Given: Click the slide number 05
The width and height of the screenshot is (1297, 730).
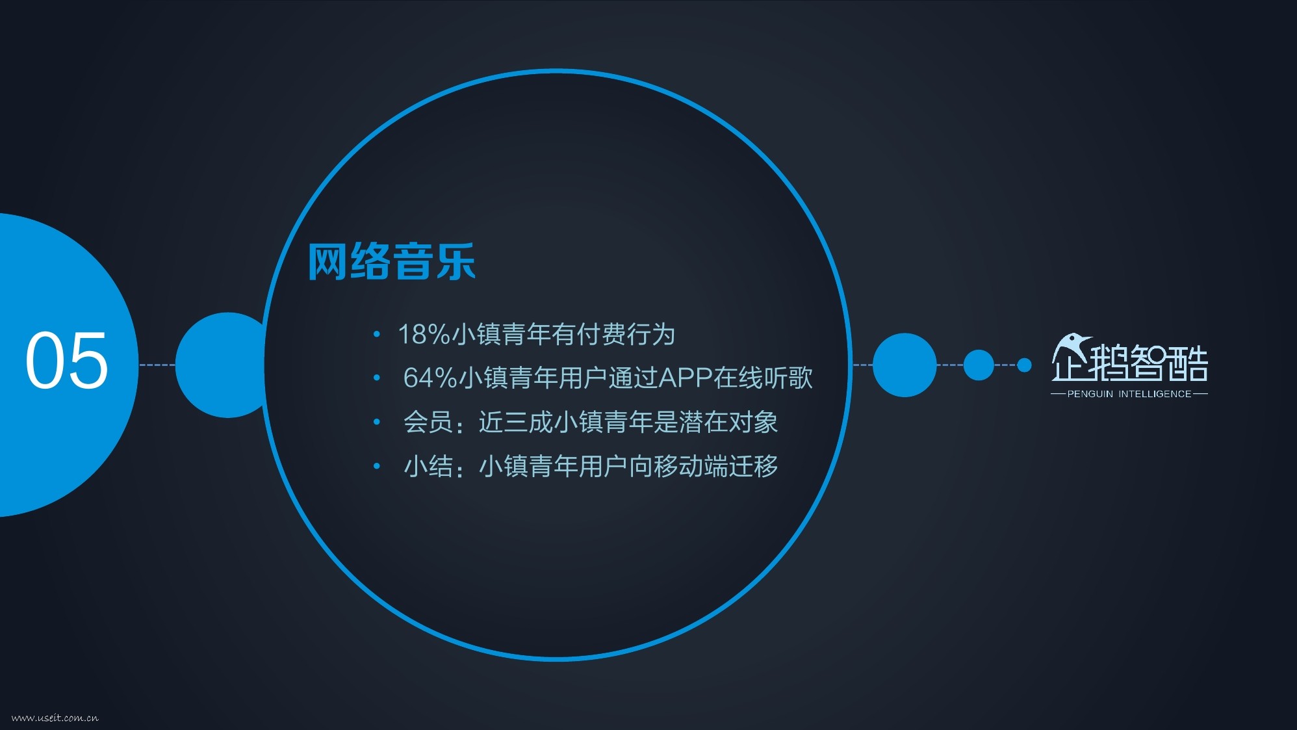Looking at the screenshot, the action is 66,359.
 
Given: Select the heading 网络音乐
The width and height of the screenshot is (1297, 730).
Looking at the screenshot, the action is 392,262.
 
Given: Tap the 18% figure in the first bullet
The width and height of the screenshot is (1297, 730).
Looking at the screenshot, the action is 424,334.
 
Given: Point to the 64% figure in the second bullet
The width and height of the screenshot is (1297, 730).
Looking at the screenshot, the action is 430,378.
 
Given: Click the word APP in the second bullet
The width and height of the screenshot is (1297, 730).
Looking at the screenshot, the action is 686,378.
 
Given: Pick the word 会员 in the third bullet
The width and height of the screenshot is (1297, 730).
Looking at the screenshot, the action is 428,422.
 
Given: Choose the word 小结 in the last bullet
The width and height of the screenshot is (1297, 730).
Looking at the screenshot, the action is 428,466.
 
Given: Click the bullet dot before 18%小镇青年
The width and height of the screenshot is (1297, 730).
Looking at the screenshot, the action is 376,334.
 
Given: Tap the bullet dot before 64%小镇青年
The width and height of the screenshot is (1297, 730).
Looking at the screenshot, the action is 376,378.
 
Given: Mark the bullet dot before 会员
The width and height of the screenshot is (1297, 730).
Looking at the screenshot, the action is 376,422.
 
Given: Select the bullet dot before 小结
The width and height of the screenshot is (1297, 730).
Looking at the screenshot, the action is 376,465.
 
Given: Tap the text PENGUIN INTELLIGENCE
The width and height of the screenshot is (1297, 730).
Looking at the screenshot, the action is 1129,394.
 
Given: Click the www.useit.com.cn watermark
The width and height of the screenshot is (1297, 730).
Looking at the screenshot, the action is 55,718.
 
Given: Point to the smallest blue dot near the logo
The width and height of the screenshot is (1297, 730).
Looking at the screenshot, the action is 1024,365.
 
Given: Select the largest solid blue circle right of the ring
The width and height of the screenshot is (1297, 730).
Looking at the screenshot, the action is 905,365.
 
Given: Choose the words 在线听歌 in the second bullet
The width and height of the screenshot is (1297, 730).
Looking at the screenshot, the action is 764,378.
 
